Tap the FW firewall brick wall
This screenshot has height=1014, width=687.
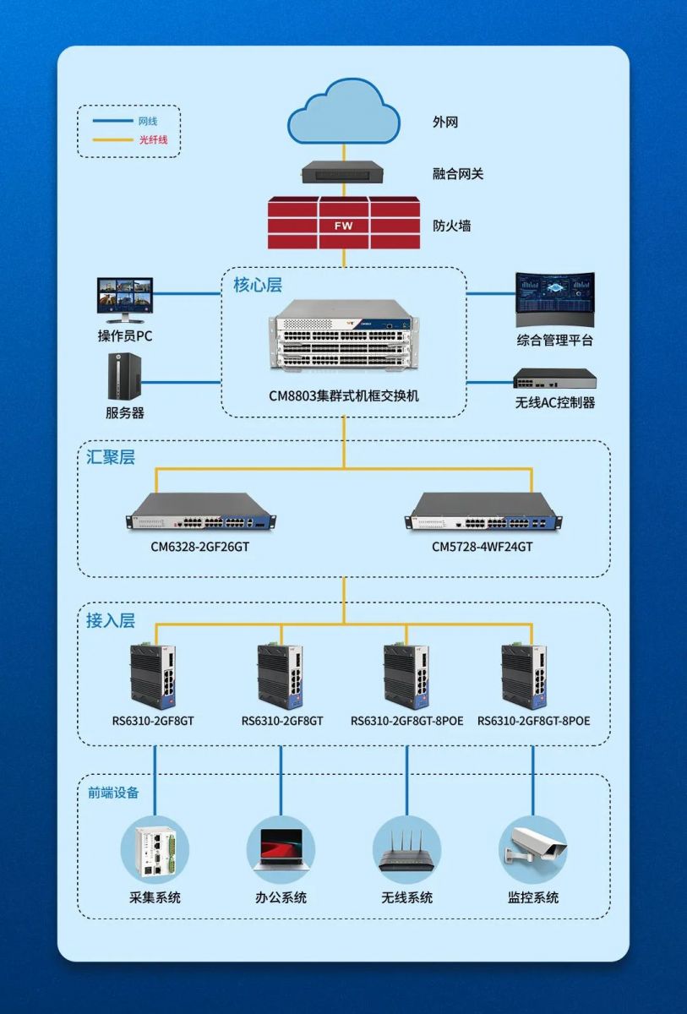pyautogui.click(x=343, y=223)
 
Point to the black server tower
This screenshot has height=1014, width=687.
pyautogui.click(x=123, y=376)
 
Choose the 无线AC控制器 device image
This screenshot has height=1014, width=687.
pyautogui.click(x=554, y=379)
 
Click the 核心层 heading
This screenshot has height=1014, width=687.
pyautogui.click(x=258, y=285)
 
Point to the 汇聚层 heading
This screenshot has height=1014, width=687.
pyautogui.click(x=111, y=457)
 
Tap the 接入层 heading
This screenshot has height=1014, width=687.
pyautogui.click(x=111, y=620)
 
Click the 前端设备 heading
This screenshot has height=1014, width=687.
pyautogui.click(x=114, y=793)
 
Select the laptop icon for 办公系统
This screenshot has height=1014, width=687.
pyautogui.click(x=281, y=848)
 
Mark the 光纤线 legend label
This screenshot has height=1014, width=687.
pyautogui.click(x=153, y=139)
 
